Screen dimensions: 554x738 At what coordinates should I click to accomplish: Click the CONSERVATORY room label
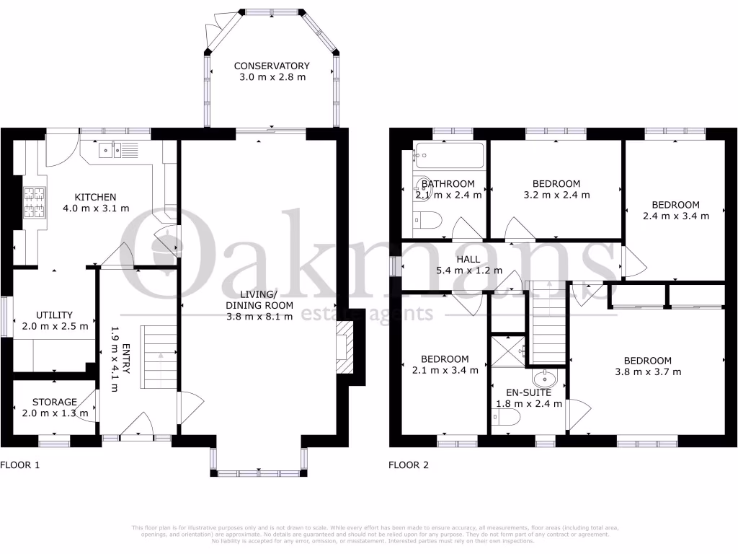(272, 66)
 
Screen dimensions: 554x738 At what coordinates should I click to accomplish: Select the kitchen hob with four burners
(34, 203)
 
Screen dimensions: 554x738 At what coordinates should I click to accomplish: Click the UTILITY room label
(54, 315)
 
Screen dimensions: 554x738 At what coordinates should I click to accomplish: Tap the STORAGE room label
(54, 402)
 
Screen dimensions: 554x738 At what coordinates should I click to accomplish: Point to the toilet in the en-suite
(504, 417)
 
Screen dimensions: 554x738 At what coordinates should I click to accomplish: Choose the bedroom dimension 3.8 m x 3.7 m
(647, 372)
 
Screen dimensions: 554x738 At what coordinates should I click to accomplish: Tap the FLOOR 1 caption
(19, 465)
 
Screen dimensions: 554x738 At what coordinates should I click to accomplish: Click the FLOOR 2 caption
(409, 465)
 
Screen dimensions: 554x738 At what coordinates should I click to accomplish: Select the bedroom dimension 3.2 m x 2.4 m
(556, 195)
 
